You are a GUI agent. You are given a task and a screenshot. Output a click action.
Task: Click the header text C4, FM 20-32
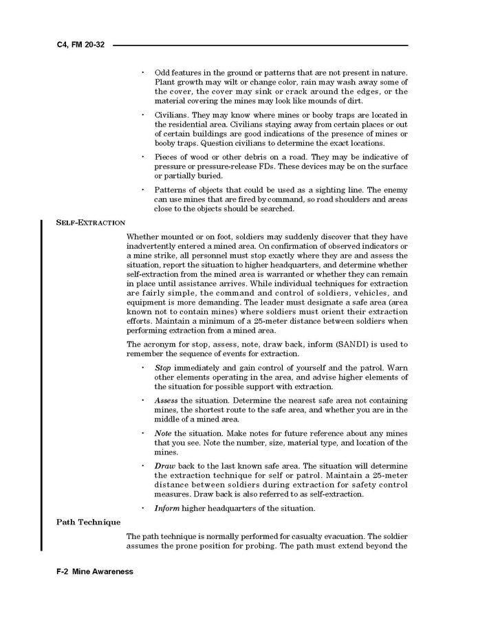click(x=80, y=45)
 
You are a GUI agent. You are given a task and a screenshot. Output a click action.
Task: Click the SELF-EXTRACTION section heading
click(x=91, y=222)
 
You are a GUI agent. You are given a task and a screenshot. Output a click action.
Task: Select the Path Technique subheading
click(x=88, y=522)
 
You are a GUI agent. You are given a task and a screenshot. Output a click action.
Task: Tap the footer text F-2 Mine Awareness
click(x=95, y=571)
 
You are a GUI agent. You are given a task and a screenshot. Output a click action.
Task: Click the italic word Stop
click(x=164, y=368)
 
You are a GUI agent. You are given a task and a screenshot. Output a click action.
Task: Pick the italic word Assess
click(x=166, y=400)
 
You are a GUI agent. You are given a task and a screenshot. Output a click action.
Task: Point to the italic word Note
click(x=164, y=433)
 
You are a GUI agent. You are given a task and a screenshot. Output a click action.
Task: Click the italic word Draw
click(x=165, y=465)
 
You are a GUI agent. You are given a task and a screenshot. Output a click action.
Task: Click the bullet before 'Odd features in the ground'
click(x=142, y=72)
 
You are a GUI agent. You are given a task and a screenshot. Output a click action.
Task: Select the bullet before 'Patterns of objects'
click(x=142, y=190)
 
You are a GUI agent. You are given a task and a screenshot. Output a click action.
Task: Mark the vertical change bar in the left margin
click(x=43, y=385)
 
